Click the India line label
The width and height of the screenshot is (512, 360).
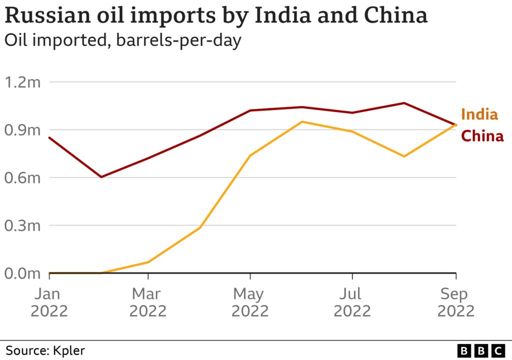pos(479,114)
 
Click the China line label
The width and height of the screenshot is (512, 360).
pos(482,135)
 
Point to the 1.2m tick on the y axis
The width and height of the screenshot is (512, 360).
pos(22,82)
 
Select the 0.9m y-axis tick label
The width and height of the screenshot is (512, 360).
pos(22,130)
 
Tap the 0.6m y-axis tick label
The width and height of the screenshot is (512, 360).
pos(22,178)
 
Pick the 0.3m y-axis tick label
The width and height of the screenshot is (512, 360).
pos(22,226)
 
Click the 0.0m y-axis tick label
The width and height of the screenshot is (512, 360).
pos(22,273)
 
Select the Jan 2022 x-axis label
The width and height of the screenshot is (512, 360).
pos(49,302)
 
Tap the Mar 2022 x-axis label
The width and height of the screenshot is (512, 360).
pos(148,302)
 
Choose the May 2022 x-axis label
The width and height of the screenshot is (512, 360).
pos(250,302)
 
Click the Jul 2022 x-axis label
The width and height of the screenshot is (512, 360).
pos(352,302)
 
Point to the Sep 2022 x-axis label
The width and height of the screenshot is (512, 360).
pos(455,302)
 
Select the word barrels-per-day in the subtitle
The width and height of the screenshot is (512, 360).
pos(178,40)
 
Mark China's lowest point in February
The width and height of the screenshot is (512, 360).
pos(101,177)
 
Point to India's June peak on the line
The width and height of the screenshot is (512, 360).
pos(302,121)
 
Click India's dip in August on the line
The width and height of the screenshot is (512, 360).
pos(404,156)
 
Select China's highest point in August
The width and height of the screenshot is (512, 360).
pos(404,103)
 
